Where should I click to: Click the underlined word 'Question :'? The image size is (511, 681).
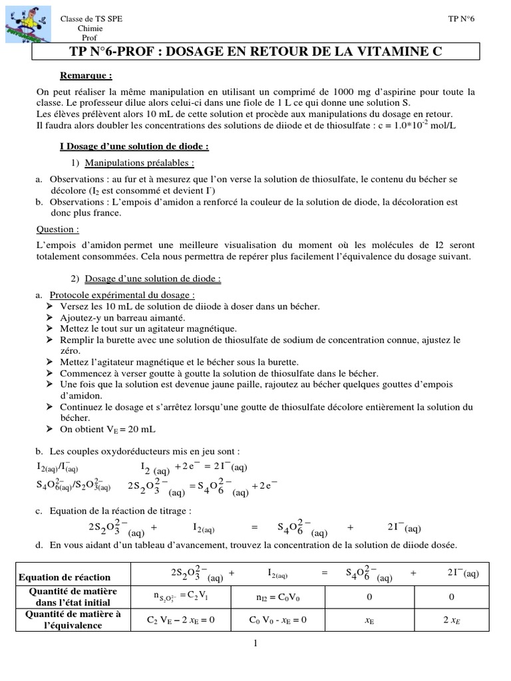pos(57,229)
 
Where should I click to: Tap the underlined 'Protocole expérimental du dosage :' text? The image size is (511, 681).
pos(122,295)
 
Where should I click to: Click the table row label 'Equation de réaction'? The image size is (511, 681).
pos(75,577)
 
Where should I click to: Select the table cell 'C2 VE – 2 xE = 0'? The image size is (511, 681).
pos(181,620)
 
